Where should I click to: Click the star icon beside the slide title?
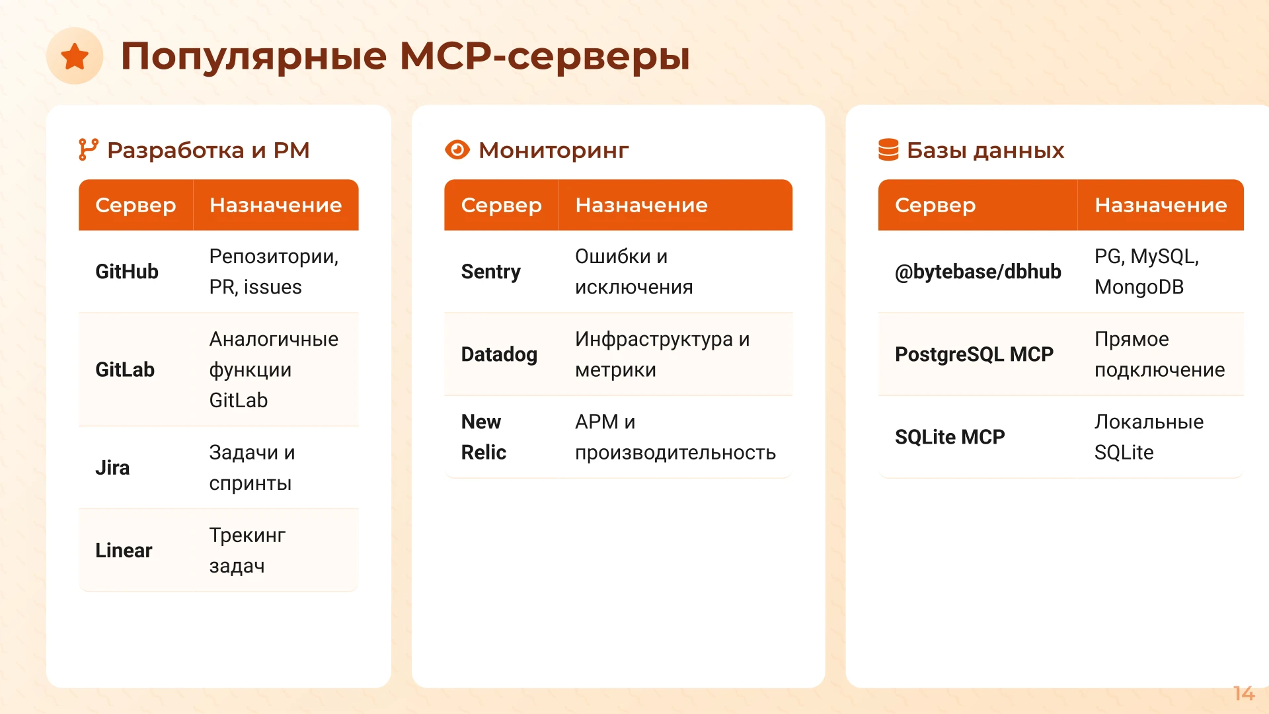pyautogui.click(x=75, y=56)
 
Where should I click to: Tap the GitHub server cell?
pyautogui.click(x=127, y=272)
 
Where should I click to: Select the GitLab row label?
pyautogui.click(x=125, y=370)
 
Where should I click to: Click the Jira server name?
pyautogui.click(x=112, y=468)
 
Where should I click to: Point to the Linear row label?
pyautogui.click(x=124, y=551)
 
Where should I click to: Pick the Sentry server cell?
pyautogui.click(x=490, y=272)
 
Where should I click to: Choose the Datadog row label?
pyautogui.click(x=499, y=354)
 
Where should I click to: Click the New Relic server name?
pyautogui.click(x=484, y=437)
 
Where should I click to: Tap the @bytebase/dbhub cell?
pyautogui.click(x=978, y=272)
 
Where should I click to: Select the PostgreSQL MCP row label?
pyautogui.click(x=974, y=354)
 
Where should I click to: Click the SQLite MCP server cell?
pyautogui.click(x=950, y=437)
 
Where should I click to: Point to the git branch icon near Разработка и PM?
pyautogui.click(x=88, y=150)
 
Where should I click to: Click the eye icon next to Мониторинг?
pyautogui.click(x=457, y=150)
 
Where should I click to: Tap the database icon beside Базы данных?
pyautogui.click(x=888, y=150)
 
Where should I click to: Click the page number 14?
pyautogui.click(x=1243, y=694)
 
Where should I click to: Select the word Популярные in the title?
pyautogui.click(x=253, y=56)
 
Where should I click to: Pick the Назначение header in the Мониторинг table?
pyautogui.click(x=641, y=206)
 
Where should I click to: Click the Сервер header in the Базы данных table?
pyautogui.click(x=935, y=206)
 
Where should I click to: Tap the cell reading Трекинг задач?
pyautogui.click(x=247, y=551)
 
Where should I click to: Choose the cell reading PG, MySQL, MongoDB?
pyautogui.click(x=1146, y=272)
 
